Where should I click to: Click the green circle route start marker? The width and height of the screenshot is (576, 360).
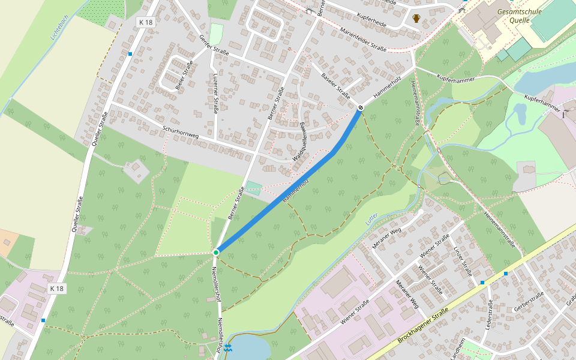click(216, 253)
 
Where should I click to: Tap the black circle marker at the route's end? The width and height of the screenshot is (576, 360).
click(361, 107)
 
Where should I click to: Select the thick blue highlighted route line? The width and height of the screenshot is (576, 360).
click(282, 199)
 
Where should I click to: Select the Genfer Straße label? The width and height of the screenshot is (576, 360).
click(214, 46)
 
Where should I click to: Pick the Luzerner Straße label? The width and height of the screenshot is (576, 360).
click(216, 94)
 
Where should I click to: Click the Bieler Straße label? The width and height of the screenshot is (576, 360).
click(184, 75)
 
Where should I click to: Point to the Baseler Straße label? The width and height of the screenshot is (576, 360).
click(335, 85)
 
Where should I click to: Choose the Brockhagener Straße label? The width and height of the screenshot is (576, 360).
click(423, 326)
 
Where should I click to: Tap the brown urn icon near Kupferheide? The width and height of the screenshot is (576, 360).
click(416, 18)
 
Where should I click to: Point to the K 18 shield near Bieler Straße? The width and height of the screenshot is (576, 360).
click(146, 22)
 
